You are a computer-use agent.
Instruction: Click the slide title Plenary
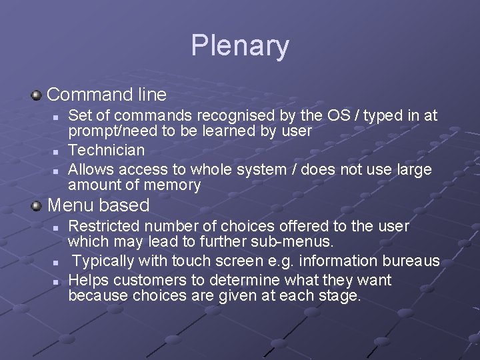[x=240, y=46]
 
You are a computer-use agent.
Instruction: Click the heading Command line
[x=107, y=93]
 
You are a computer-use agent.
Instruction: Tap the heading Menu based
[x=99, y=205]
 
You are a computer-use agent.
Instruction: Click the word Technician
[x=107, y=150]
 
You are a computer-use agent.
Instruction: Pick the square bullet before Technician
[x=57, y=151]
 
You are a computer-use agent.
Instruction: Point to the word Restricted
[x=103, y=227]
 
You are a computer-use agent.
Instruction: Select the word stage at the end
[x=341, y=295]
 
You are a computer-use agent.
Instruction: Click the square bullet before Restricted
[x=57, y=229]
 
